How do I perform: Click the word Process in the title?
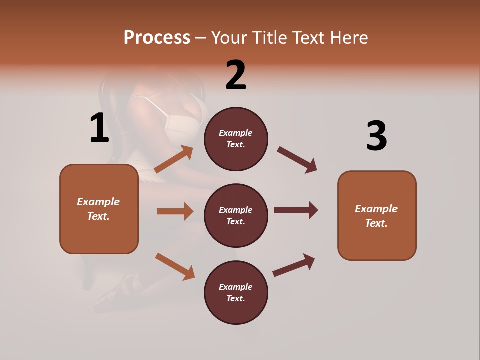[x=157, y=37]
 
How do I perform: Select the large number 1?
[x=99, y=128]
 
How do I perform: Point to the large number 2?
[x=236, y=75]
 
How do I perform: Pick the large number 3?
[x=376, y=136]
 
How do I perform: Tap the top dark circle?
[x=236, y=138]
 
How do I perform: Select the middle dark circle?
[x=236, y=215]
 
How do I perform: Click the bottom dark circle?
[x=236, y=292]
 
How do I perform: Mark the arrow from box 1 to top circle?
[x=174, y=159]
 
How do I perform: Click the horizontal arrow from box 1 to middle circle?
[x=175, y=211]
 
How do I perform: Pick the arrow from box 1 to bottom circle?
[x=175, y=266]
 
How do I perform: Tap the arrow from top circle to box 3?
[x=297, y=160]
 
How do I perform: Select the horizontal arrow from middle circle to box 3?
[x=295, y=210]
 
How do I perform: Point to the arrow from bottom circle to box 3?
[x=294, y=265]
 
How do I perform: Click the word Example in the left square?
[x=98, y=202]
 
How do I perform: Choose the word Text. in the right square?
[x=376, y=223]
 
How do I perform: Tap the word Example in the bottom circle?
[x=236, y=287]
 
